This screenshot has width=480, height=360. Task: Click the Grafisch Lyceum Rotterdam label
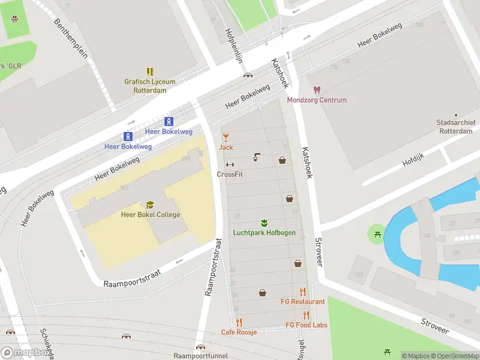(x=150, y=86)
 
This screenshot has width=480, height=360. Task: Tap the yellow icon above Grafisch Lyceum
(x=150, y=71)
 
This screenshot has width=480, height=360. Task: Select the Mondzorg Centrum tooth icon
(x=317, y=90)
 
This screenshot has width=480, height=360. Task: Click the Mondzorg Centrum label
(x=317, y=100)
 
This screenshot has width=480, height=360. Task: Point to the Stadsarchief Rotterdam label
(x=456, y=127)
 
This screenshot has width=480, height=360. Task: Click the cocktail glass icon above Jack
(x=226, y=137)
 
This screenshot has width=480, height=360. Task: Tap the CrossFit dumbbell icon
(x=230, y=165)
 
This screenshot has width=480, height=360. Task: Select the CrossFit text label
(x=230, y=175)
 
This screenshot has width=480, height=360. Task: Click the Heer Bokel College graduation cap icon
(x=150, y=205)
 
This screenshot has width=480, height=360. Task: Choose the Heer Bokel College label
(x=150, y=215)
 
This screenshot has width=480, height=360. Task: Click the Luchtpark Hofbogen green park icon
(x=264, y=223)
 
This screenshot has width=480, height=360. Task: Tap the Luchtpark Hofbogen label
(x=264, y=233)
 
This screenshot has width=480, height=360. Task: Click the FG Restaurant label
(x=303, y=302)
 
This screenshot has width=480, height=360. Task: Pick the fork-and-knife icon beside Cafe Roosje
(x=239, y=322)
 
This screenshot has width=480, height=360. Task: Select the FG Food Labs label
(x=307, y=325)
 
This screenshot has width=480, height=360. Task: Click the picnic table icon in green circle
(x=377, y=232)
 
